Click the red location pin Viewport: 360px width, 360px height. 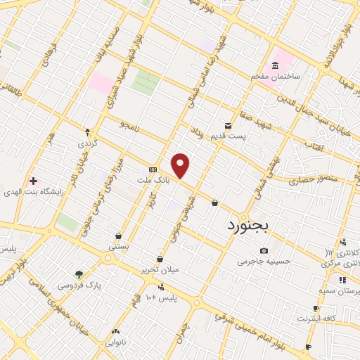181,166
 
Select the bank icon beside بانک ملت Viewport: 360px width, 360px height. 153,171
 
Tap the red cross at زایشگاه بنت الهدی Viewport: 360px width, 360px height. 32,181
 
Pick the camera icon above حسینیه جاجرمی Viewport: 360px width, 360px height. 264,251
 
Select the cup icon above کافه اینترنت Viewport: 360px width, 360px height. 316,308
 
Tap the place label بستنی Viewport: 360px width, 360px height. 117,247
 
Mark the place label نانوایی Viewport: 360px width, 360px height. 115,342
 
